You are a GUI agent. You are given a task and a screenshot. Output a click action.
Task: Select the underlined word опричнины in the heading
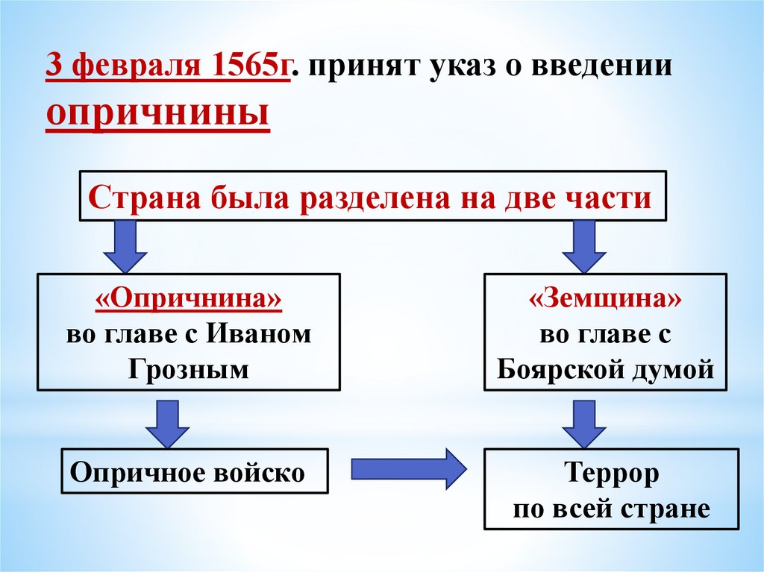click(157, 113)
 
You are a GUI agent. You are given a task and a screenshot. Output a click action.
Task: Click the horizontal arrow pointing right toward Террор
click(407, 468)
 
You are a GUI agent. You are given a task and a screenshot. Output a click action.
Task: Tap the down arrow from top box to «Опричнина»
click(125, 248)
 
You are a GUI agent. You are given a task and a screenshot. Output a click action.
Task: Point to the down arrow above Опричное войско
click(166, 421)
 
